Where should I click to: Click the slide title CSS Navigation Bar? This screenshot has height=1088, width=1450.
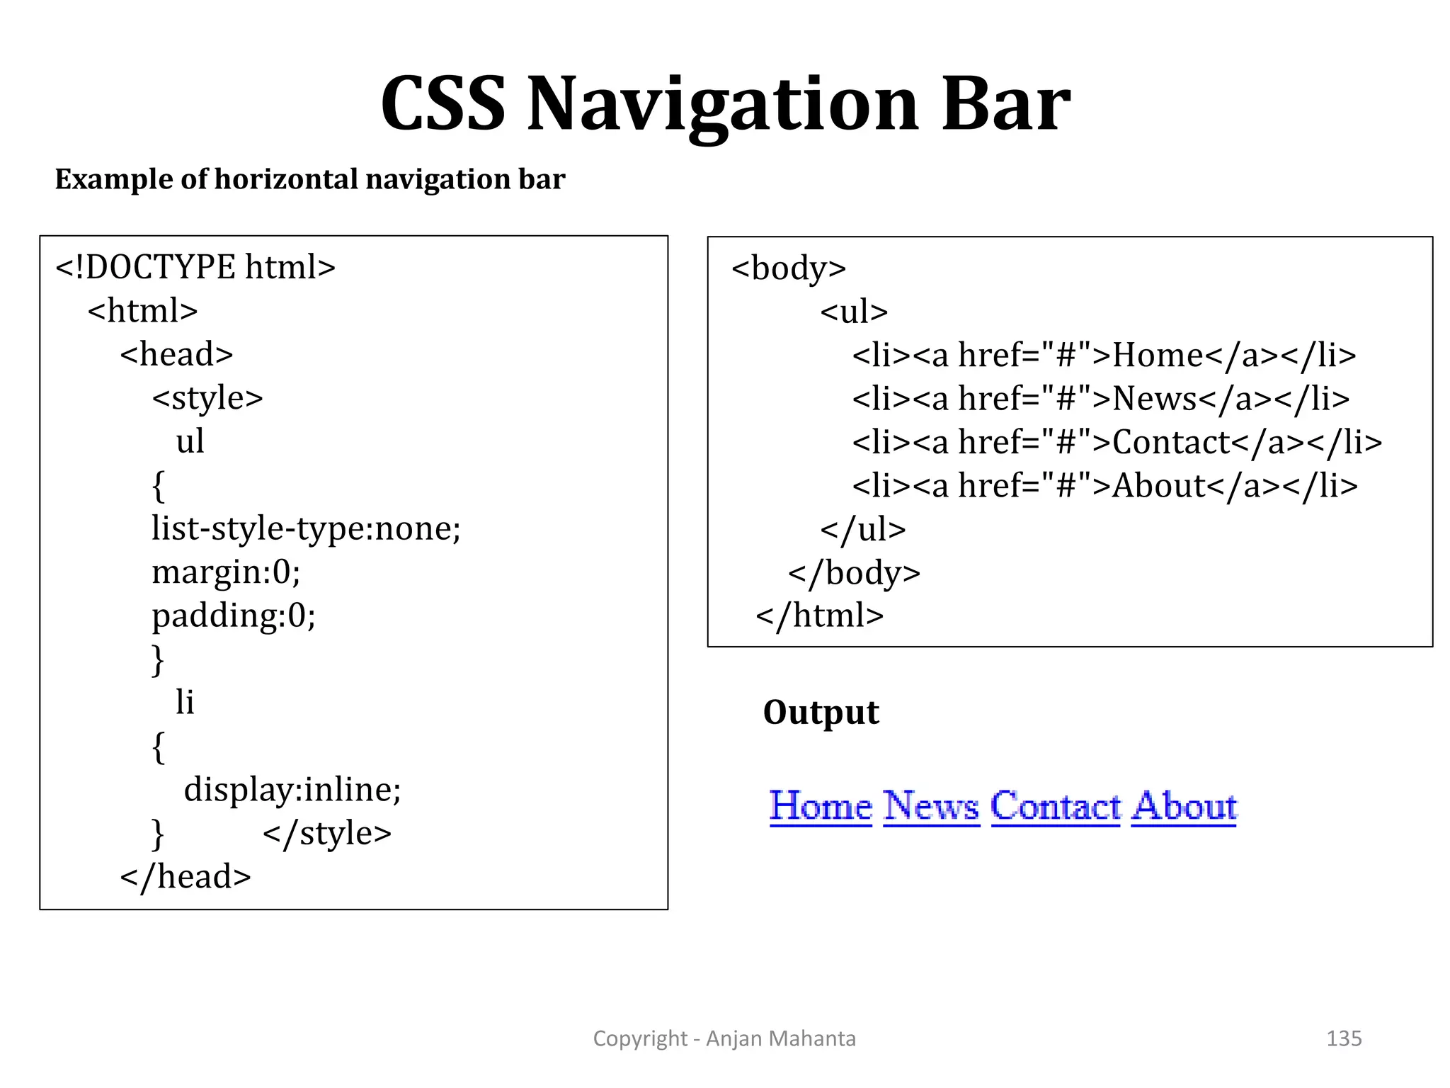pos(725,105)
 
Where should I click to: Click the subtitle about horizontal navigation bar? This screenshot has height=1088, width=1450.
pos(310,179)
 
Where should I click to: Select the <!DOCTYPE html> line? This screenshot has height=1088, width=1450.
pos(195,268)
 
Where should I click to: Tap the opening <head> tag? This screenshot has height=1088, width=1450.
pos(176,354)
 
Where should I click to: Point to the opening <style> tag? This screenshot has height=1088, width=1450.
pos(207,398)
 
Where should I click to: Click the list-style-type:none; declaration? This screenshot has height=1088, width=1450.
pos(306,528)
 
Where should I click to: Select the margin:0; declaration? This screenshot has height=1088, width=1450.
pos(226,572)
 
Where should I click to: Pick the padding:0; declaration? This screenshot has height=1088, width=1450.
pos(234,616)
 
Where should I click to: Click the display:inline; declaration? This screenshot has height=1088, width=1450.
pos(292,789)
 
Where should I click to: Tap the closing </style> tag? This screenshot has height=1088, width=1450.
pos(326,833)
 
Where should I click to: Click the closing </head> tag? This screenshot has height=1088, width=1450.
pos(185,877)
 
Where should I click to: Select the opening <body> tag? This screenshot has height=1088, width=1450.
pos(789,268)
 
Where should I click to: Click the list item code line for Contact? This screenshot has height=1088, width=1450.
pos(1117,443)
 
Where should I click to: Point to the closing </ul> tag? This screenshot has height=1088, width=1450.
pos(862,530)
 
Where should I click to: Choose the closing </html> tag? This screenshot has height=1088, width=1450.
pos(819,616)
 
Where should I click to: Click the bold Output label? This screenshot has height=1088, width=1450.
pos(821,712)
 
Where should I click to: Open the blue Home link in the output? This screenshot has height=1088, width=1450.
pos(821,807)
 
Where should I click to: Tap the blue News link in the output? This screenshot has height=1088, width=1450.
pos(931,807)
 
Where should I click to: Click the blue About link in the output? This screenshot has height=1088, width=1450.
pos(1183,807)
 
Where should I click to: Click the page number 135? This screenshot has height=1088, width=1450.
pos(1344,1038)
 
